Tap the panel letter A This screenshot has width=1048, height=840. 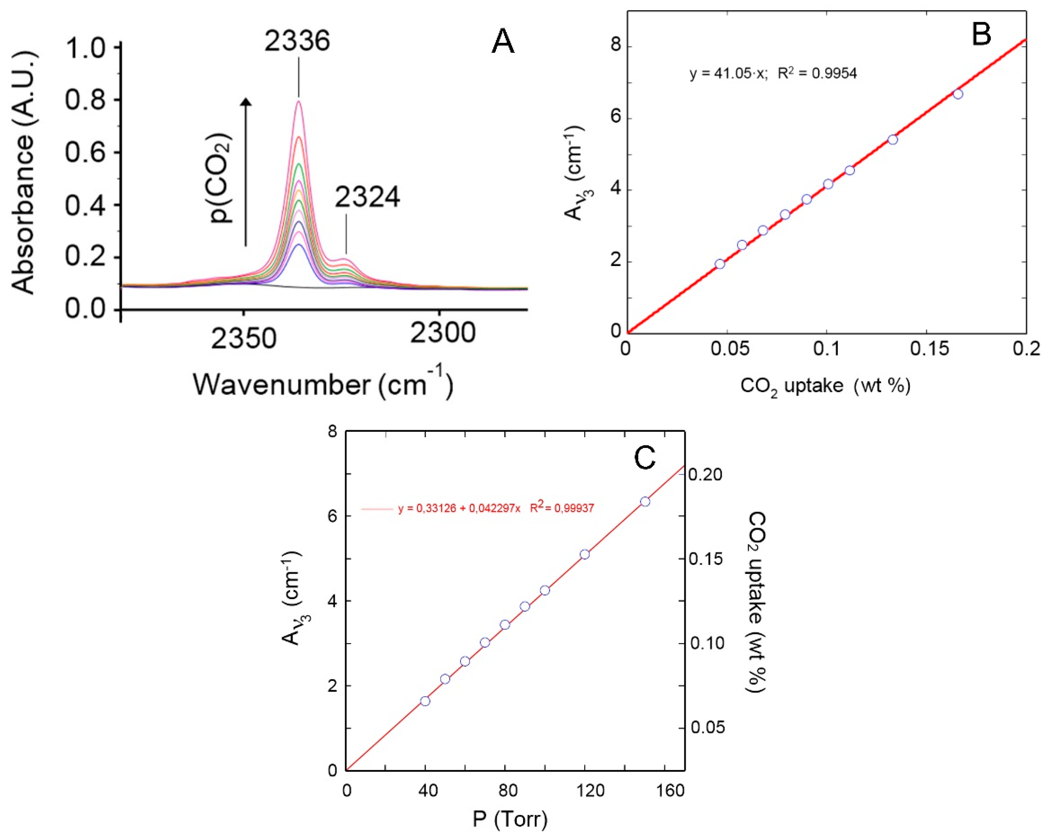click(503, 42)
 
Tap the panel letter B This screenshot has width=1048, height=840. click(981, 34)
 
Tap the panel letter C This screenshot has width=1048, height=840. click(645, 458)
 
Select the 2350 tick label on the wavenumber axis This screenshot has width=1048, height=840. click(244, 337)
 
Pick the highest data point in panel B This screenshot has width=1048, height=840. click(958, 94)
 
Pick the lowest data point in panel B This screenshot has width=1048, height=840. click(720, 264)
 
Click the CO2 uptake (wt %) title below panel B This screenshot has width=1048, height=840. click(825, 386)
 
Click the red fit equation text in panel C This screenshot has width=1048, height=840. click(496, 509)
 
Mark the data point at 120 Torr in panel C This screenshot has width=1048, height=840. click(585, 554)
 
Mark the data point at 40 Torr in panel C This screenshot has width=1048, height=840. click(425, 701)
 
